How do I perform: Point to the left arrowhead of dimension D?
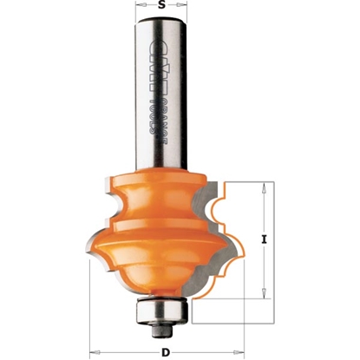[92, 351]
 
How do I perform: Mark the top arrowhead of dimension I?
[262, 186]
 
